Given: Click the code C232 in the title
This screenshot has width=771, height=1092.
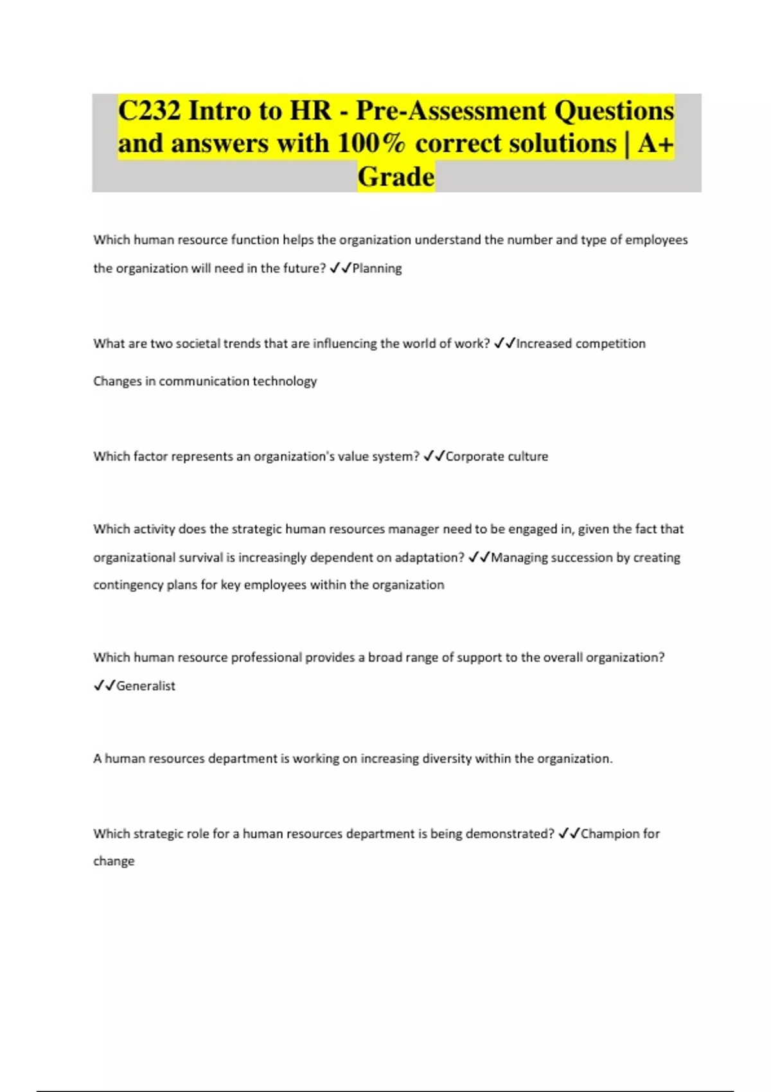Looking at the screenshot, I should (x=149, y=110).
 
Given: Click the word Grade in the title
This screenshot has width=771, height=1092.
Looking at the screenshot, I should (x=396, y=177).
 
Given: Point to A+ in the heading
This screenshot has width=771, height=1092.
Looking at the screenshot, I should (x=655, y=143).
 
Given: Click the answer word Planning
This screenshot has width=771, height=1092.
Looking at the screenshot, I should (x=377, y=269).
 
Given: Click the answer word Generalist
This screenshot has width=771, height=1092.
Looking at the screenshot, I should (x=146, y=686).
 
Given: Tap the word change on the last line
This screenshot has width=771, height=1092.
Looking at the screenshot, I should (x=114, y=861).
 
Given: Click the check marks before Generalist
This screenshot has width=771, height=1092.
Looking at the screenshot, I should (x=104, y=686).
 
